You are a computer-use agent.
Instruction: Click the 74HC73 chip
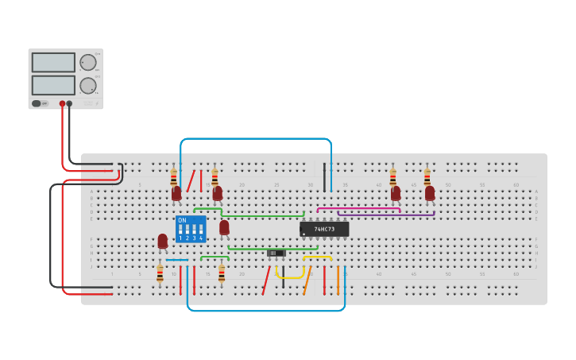[x=323, y=229]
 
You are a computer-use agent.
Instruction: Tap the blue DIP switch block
[x=191, y=228]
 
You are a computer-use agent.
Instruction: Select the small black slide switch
[x=276, y=253]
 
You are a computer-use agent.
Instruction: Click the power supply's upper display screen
[x=53, y=62]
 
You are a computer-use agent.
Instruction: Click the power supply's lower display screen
[x=53, y=84]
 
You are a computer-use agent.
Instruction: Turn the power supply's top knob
[x=88, y=63]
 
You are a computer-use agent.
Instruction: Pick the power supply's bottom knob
[x=88, y=85]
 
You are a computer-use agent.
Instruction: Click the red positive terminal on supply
[x=62, y=103]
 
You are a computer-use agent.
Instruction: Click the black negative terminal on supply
[x=70, y=103]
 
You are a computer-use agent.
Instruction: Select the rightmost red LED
[x=430, y=193]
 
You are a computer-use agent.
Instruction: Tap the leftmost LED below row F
[x=163, y=241]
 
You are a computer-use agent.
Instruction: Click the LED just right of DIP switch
[x=224, y=228]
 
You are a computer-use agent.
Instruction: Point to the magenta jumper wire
[x=358, y=209]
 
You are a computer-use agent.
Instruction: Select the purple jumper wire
[x=386, y=214]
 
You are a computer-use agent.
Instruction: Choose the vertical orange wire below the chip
[x=338, y=280]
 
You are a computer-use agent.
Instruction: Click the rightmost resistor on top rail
[x=427, y=176]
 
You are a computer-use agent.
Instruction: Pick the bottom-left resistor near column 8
[x=160, y=274]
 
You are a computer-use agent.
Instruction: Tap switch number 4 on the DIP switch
[x=200, y=230]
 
